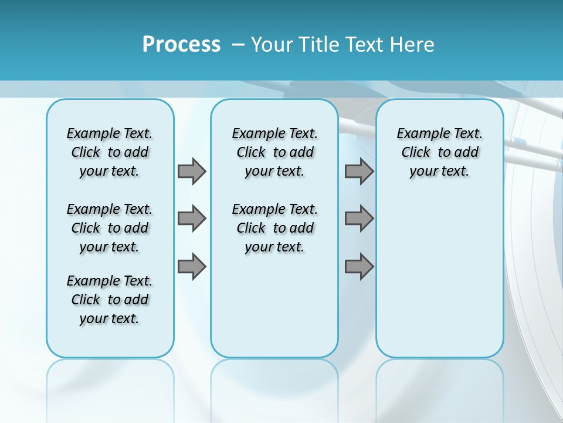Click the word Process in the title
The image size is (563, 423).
pos(181,45)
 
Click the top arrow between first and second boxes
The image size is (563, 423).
pos(192,171)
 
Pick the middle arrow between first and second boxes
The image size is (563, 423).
pos(192,219)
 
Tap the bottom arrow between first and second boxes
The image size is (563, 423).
pos(192,267)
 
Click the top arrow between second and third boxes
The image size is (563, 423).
pos(359,171)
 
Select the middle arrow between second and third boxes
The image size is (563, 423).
pos(359,219)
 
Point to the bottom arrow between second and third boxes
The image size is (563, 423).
pos(359,267)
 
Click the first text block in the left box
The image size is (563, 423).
pos(110,152)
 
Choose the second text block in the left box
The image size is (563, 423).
pos(110,228)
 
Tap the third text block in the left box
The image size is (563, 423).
pos(110,300)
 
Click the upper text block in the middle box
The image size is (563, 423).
pos(274,152)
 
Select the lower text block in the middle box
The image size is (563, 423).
pos(274,228)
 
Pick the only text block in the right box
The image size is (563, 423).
pos(439,152)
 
